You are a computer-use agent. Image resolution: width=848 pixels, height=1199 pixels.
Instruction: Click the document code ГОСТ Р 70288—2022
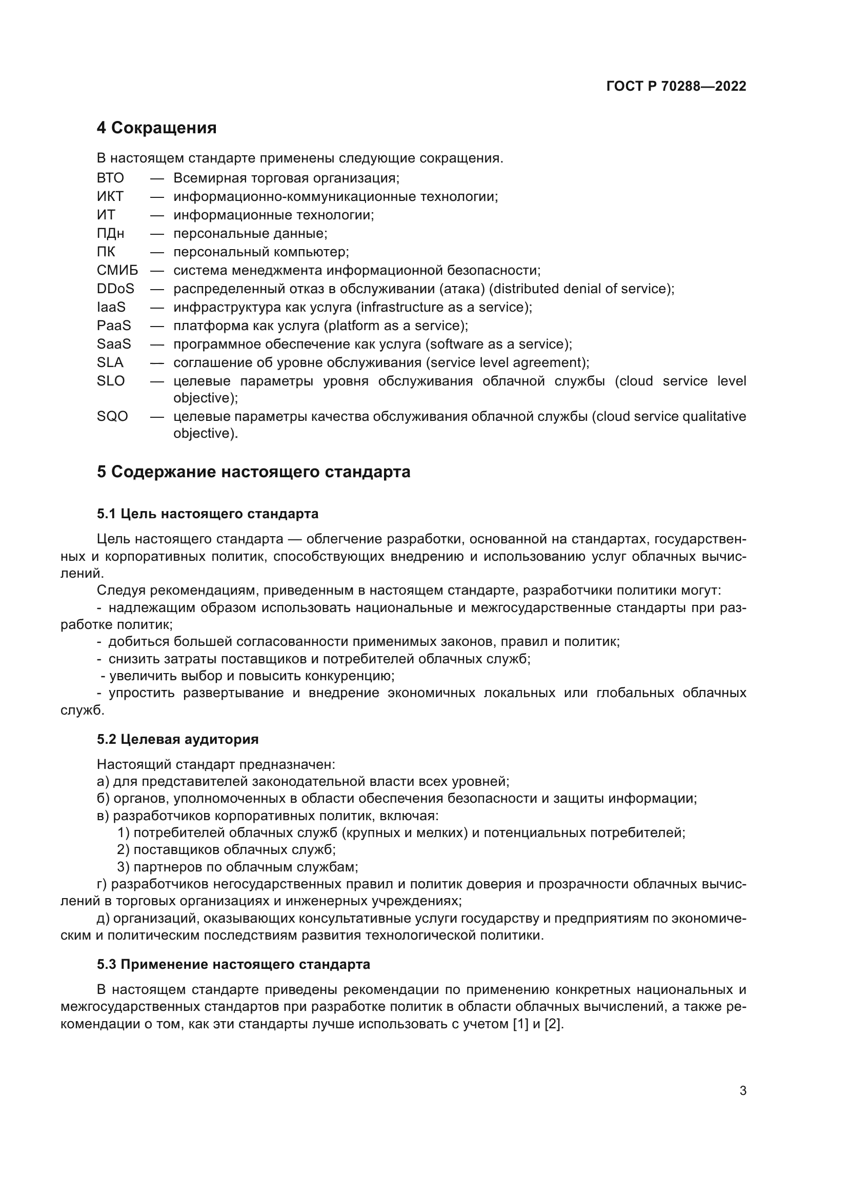[x=676, y=86]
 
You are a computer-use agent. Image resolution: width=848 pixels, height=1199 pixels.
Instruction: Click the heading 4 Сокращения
[x=156, y=128]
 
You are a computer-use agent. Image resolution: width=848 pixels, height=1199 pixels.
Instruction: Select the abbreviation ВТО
[x=110, y=178]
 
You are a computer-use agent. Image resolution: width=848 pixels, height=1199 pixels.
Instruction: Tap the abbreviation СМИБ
[x=117, y=270]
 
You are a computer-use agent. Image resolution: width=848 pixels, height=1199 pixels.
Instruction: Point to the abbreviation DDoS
[x=115, y=288]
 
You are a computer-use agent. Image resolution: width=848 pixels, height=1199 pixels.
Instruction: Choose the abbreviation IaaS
[x=111, y=307]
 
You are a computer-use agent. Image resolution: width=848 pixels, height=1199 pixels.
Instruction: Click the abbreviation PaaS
[x=114, y=326]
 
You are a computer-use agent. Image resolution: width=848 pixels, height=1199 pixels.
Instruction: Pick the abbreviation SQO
[x=112, y=416]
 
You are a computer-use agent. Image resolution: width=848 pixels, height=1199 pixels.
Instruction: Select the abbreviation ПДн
[x=110, y=233]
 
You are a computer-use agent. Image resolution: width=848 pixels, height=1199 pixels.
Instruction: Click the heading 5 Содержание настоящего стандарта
[x=253, y=472]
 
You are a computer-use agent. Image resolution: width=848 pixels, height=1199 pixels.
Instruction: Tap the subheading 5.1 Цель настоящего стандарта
[x=207, y=514]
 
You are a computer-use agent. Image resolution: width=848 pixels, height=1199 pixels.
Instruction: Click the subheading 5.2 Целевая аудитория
[x=177, y=739]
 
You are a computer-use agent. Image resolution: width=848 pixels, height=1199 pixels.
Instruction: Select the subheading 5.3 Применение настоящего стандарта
[x=233, y=964]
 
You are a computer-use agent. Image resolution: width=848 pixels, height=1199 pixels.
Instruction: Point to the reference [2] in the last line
[x=553, y=1024]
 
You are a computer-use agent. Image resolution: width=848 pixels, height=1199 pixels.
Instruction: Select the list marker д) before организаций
[x=103, y=918]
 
